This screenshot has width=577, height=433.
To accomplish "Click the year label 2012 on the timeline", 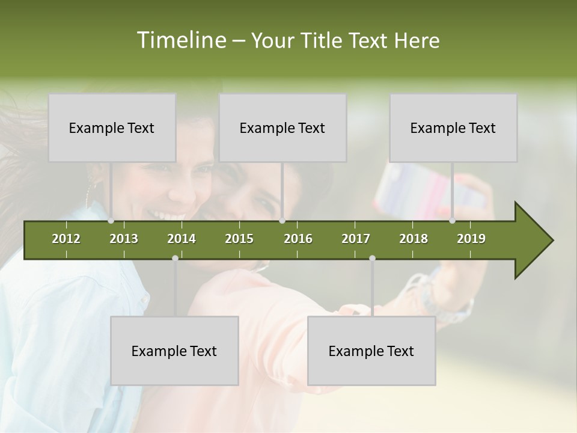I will [x=66, y=239].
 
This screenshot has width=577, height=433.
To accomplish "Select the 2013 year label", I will [x=124, y=239].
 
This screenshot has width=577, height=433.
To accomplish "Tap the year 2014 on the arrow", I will [x=182, y=239].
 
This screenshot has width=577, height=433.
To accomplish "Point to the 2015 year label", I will [x=239, y=239].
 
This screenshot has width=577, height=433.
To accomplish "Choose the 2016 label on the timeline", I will [x=298, y=239].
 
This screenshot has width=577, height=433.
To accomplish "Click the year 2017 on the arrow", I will [x=356, y=239].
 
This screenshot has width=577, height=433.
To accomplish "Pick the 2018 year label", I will [x=414, y=239].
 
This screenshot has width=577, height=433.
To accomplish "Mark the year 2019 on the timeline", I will [x=471, y=239].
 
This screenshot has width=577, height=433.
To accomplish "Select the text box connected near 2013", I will [x=112, y=127].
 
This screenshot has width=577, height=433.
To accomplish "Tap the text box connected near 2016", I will [x=282, y=127].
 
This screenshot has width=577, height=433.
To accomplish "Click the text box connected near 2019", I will [x=453, y=127].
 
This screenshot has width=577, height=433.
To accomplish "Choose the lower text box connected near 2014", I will [x=174, y=351].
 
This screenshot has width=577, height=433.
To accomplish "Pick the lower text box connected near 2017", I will [x=371, y=351].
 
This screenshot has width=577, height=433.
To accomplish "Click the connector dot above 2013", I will [x=111, y=221].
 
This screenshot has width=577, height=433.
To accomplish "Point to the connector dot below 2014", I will [x=175, y=258].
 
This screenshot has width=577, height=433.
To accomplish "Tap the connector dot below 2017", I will [x=372, y=258].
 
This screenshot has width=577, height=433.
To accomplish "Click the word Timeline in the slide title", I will [x=180, y=40].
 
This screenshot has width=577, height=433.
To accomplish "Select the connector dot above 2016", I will [x=282, y=221].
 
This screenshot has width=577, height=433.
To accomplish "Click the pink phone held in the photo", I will [x=415, y=189].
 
